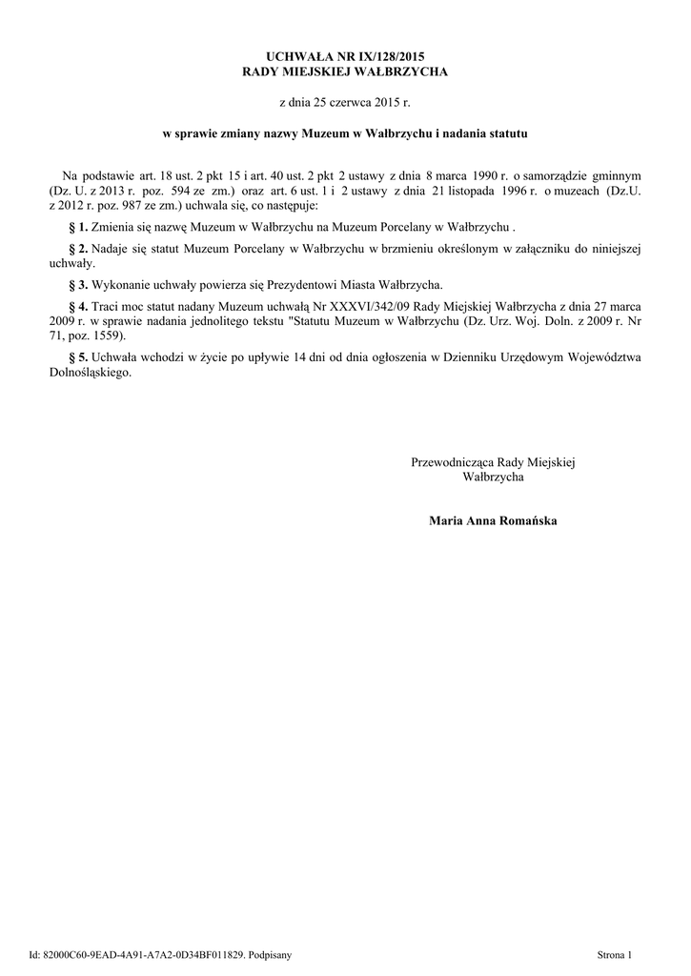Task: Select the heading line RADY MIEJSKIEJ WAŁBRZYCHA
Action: (x=345, y=71)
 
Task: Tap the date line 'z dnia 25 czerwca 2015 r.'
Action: (x=345, y=100)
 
